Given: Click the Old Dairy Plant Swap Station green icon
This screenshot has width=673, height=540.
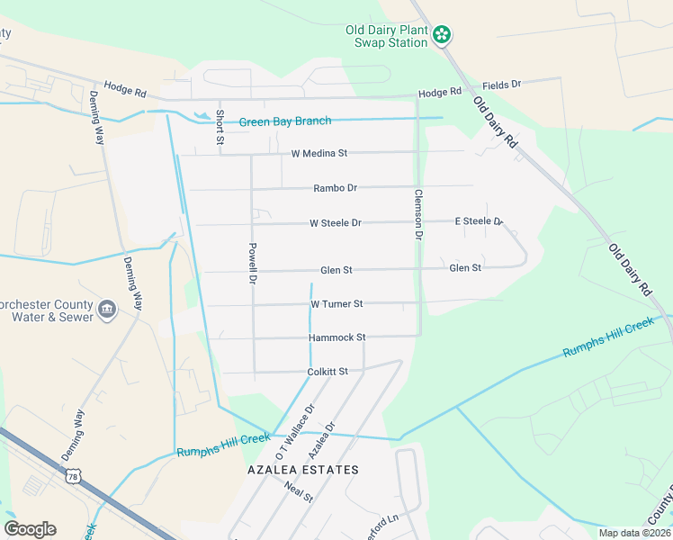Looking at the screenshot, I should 442,35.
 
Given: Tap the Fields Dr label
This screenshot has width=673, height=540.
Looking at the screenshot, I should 503,84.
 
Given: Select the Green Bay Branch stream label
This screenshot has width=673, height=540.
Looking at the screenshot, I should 284,121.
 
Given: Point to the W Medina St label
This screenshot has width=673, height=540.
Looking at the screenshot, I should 319,154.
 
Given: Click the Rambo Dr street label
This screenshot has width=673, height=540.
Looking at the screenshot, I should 335,188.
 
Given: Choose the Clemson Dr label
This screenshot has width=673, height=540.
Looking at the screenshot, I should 418,213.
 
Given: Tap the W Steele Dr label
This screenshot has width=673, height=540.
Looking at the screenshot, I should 335,222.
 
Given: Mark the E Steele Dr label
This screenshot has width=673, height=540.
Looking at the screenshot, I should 478,220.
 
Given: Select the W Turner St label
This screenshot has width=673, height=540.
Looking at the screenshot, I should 336,304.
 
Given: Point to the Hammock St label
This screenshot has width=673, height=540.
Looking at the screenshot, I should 336,337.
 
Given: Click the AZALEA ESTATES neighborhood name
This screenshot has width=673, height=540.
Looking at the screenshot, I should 303,470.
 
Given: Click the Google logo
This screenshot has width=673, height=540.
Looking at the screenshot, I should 30,529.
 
